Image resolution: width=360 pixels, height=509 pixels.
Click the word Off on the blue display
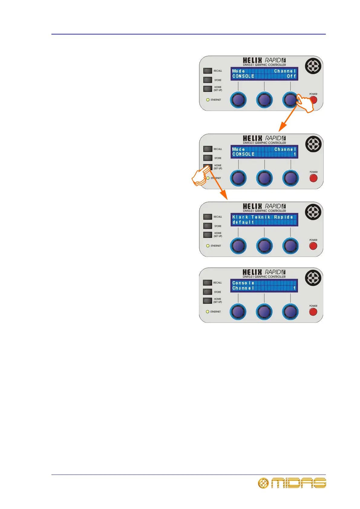click(291, 76)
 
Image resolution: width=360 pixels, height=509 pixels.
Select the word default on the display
click(243, 222)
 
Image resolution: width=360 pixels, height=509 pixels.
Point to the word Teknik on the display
click(261, 217)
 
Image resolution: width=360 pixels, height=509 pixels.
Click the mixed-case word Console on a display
click(243, 283)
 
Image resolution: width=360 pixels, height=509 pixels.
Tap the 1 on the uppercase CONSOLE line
click(295, 154)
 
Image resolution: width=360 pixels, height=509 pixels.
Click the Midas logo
click(292, 483)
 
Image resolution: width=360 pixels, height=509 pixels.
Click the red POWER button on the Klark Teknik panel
click(313, 246)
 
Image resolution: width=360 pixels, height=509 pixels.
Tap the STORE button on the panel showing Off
click(208, 80)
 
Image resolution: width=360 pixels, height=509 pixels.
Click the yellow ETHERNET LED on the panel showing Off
click(208, 100)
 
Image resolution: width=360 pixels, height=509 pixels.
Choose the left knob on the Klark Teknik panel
click(238, 246)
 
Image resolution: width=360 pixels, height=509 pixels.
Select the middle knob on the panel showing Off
click(264, 100)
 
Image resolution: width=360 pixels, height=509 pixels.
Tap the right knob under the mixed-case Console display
click(290, 312)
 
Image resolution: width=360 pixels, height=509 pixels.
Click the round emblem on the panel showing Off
click(313, 66)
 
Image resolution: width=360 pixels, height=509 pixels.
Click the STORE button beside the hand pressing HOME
click(208, 158)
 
